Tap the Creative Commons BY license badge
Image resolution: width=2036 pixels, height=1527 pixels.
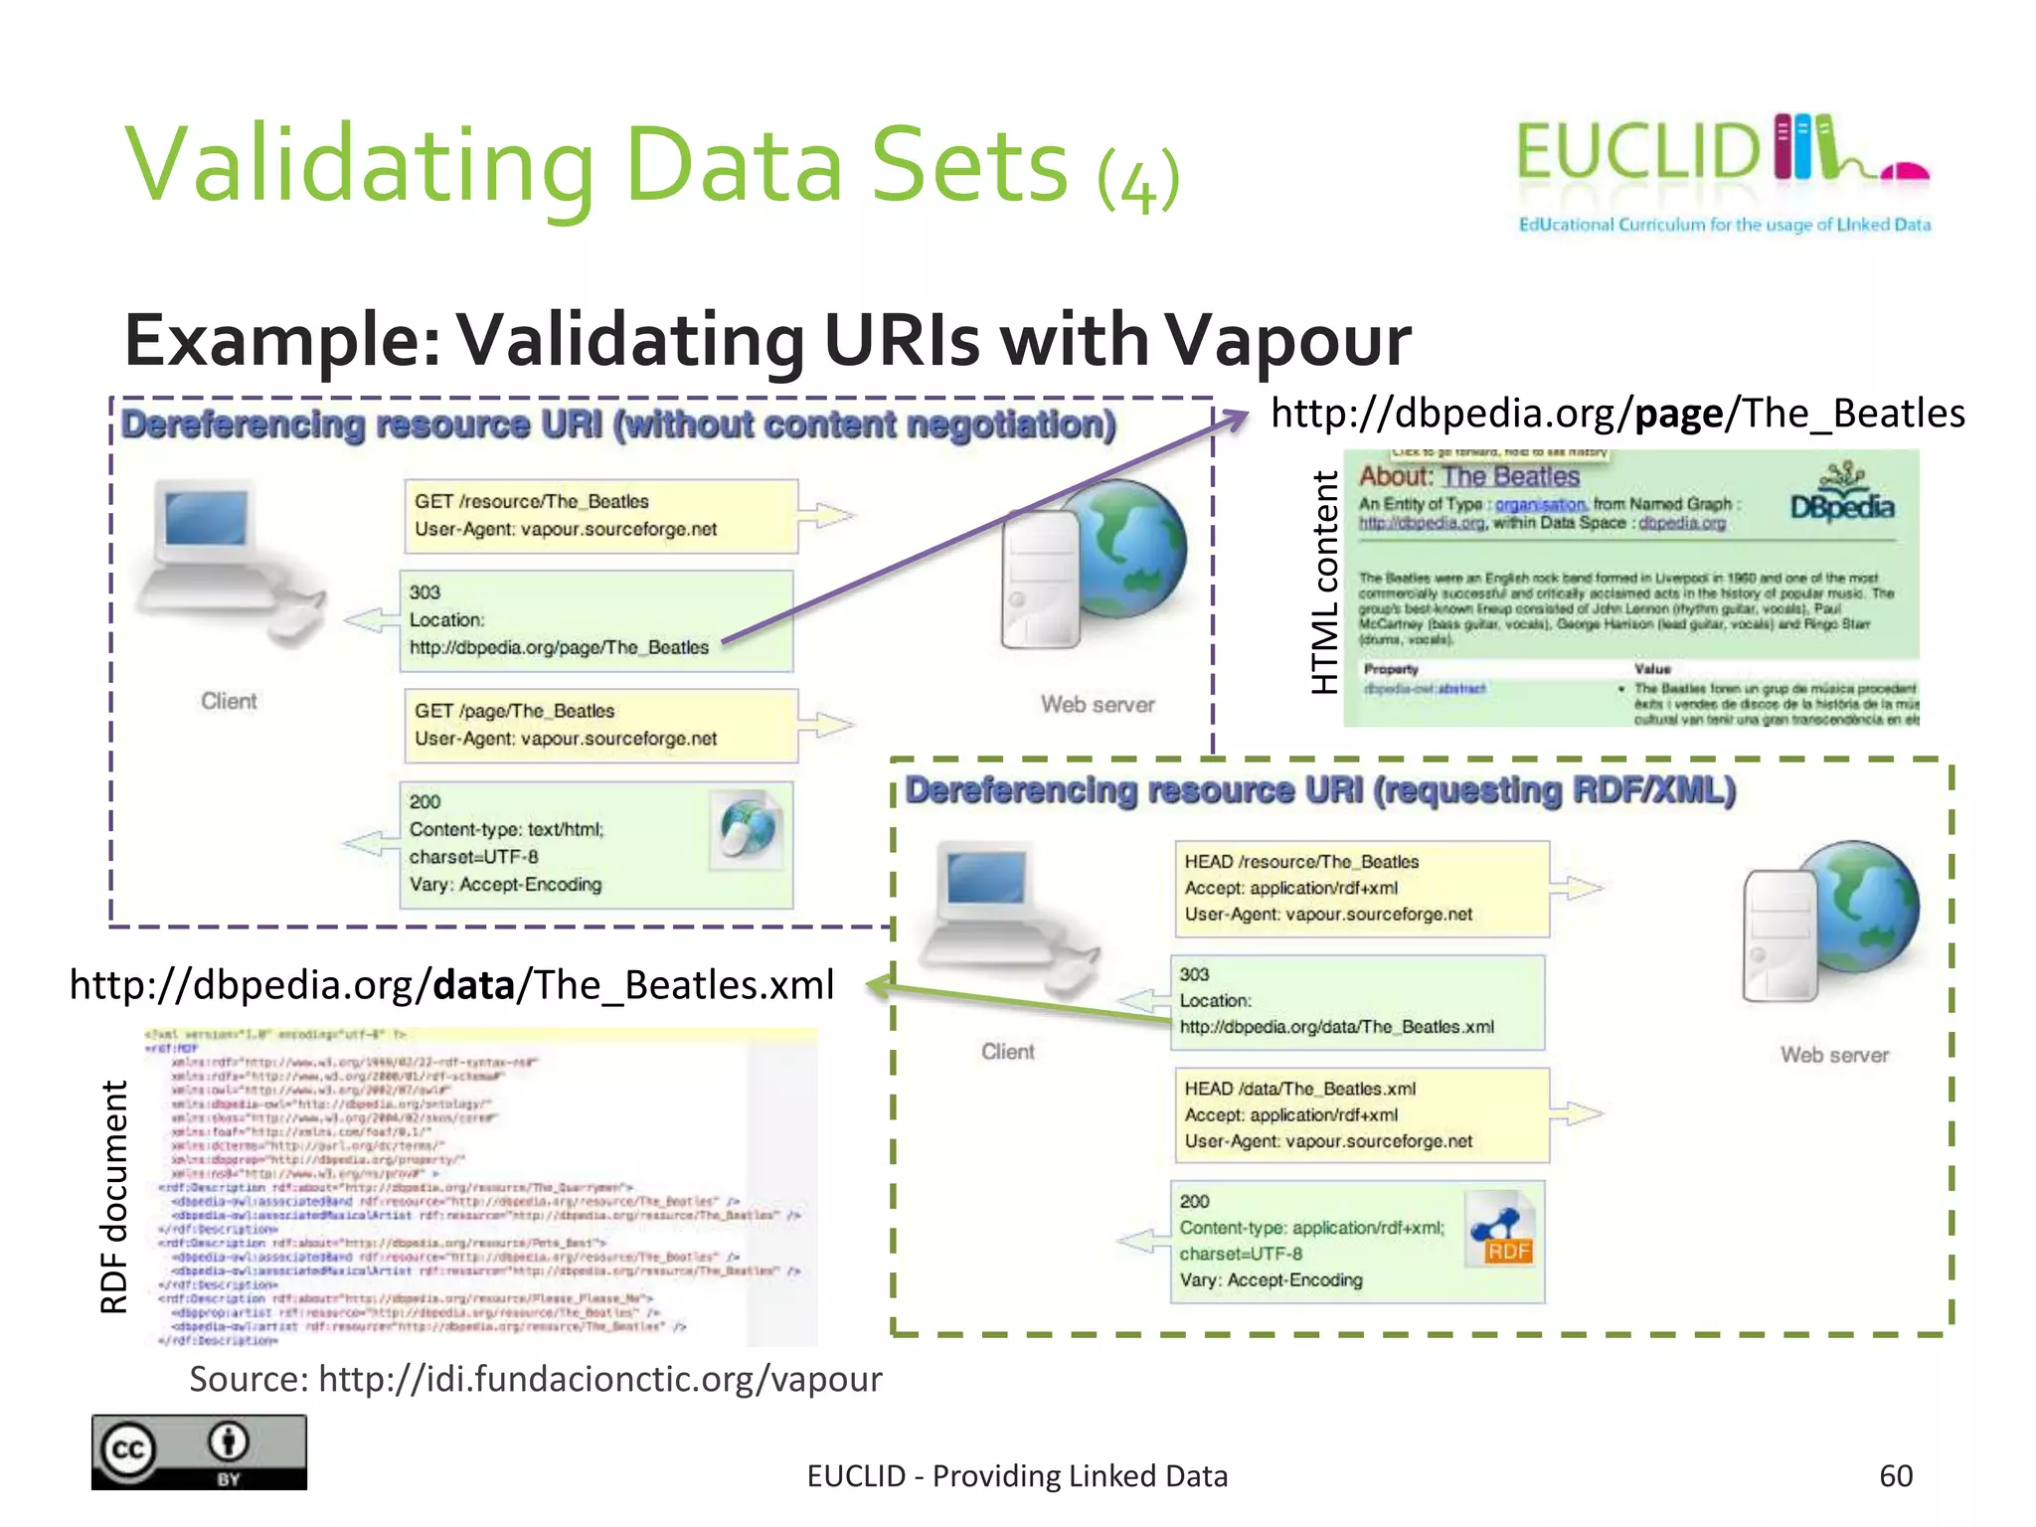pyautogui.click(x=199, y=1451)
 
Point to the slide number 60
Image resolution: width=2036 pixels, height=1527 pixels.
pyautogui.click(x=1895, y=1475)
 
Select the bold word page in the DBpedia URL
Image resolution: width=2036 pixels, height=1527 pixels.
pyautogui.click(x=1679, y=414)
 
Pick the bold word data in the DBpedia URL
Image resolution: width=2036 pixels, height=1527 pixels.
pyautogui.click(x=473, y=985)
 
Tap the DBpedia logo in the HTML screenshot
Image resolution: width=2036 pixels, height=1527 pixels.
pyautogui.click(x=1842, y=496)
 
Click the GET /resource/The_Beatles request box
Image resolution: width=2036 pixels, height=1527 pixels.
pyautogui.click(x=600, y=516)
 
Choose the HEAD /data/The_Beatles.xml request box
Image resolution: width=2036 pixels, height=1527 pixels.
pyautogui.click(x=1361, y=1115)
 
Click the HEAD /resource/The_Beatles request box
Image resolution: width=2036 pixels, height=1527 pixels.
pyautogui.click(x=1361, y=889)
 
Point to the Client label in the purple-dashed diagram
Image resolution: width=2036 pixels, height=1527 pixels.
pyautogui.click(x=229, y=702)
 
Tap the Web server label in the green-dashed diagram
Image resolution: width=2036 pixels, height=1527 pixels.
pyautogui.click(x=1834, y=1055)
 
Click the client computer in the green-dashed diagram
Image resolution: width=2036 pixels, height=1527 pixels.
pyautogui.click(x=1004, y=915)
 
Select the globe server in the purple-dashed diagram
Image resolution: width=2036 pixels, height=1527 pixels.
pyautogui.click(x=1094, y=562)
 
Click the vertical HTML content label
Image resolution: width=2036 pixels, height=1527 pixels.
pyautogui.click(x=1324, y=583)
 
